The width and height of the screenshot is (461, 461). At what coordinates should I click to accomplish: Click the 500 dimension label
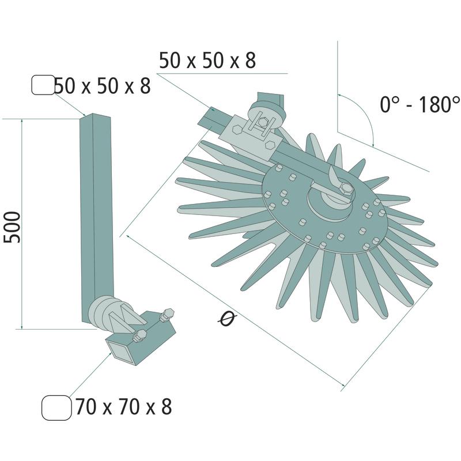tap(12, 227)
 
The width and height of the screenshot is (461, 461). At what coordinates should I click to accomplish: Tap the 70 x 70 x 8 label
tap(123, 406)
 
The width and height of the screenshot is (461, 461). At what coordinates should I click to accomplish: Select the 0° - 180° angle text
tap(420, 104)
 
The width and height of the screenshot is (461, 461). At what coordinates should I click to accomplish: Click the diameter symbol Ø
tap(228, 319)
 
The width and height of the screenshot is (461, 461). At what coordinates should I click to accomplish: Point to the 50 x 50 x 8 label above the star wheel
tap(207, 61)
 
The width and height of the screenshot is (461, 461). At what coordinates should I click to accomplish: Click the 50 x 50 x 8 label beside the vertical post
tap(103, 85)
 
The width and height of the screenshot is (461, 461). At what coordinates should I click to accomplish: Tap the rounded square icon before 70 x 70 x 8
tap(56, 407)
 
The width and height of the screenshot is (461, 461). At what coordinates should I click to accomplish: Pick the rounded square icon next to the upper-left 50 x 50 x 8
tap(43, 85)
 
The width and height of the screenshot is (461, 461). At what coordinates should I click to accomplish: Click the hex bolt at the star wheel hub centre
tap(347, 188)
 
